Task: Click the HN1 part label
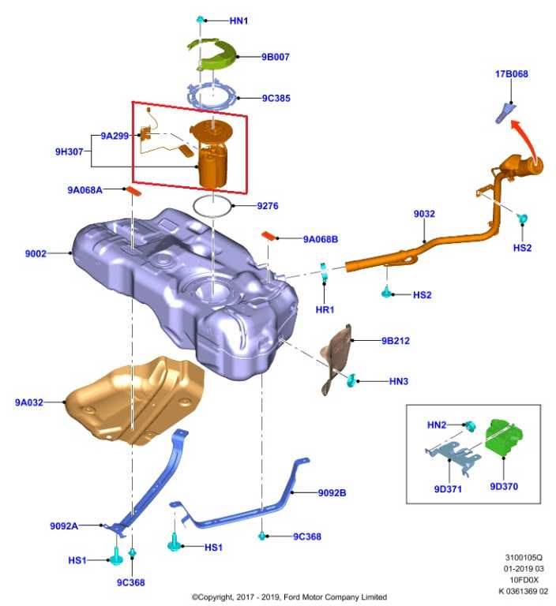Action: click(x=239, y=21)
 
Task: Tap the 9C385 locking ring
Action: click(x=213, y=97)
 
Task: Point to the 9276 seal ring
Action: click(x=213, y=207)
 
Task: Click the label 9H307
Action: click(x=69, y=151)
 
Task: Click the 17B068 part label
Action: click(x=512, y=74)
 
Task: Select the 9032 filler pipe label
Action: click(x=424, y=214)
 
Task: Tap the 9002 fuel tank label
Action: click(x=36, y=253)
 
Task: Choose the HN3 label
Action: click(x=399, y=382)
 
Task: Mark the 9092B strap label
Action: click(x=332, y=493)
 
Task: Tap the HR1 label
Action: click(x=325, y=309)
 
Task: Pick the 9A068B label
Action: click(x=320, y=238)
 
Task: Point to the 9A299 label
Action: click(x=115, y=136)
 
